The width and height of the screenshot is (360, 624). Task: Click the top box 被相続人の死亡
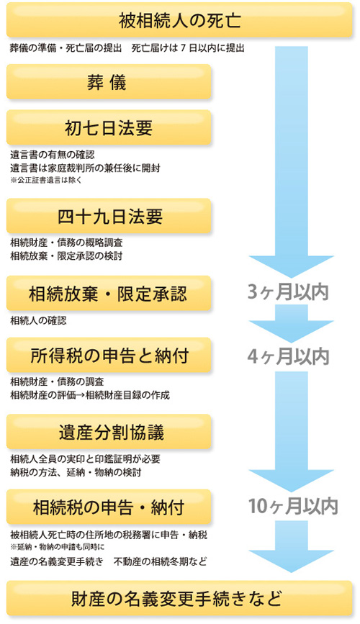pyautogui.click(x=179, y=20)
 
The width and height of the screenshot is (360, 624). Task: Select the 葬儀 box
pyautogui.click(x=109, y=81)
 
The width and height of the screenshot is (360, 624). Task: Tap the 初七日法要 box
pyautogui.click(x=109, y=127)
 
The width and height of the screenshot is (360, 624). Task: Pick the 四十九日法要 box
pyautogui.click(x=109, y=216)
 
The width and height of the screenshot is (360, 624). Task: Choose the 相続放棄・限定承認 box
pyautogui.click(x=109, y=294)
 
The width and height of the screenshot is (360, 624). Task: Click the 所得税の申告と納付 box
pyautogui.click(x=109, y=355)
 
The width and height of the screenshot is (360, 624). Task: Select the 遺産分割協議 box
pyautogui.click(x=109, y=432)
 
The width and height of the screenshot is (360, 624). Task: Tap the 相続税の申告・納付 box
pyautogui.click(x=109, y=507)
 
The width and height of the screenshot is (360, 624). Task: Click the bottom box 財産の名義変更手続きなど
pyautogui.click(x=179, y=599)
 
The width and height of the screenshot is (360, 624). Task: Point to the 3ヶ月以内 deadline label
pyautogui.click(x=288, y=292)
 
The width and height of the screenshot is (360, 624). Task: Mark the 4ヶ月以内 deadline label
pyautogui.click(x=288, y=356)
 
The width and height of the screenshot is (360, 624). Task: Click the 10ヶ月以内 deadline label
pyautogui.click(x=293, y=506)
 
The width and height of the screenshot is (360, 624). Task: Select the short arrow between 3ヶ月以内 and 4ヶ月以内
pyautogui.click(x=292, y=324)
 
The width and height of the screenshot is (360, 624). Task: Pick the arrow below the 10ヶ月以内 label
pyautogui.click(x=292, y=547)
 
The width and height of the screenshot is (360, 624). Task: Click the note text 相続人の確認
pyautogui.click(x=38, y=320)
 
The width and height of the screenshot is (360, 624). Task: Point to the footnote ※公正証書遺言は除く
pyautogui.click(x=46, y=180)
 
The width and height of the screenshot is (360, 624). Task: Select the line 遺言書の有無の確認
pyautogui.click(x=53, y=155)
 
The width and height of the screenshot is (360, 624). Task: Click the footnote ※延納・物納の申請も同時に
pyautogui.click(x=58, y=547)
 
